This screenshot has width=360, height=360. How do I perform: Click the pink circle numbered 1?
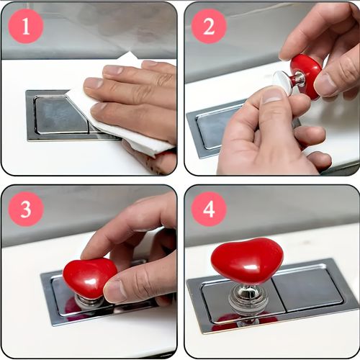coord(26,27)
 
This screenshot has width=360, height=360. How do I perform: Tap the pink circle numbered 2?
coord(209,27)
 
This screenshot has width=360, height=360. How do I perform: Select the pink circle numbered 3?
coord(26,209)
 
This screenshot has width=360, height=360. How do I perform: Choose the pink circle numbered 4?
coord(209,209)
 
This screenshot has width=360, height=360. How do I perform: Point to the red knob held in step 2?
coord(306,76)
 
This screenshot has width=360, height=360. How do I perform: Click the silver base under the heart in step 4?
coord(243,301)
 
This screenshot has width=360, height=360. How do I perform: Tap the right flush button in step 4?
coord(308,289)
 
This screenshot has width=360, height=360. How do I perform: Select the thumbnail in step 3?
coord(114,291)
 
